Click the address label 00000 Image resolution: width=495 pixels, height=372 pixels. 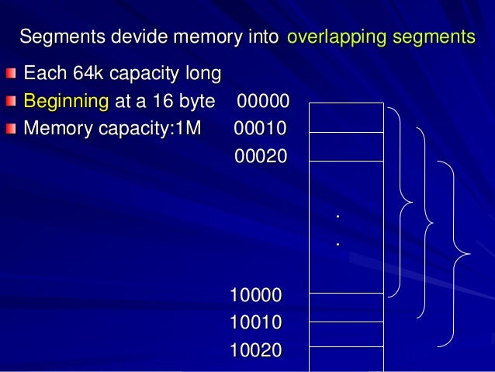pyautogui.click(x=263, y=102)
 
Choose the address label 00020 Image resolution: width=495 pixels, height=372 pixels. pyautogui.click(x=261, y=156)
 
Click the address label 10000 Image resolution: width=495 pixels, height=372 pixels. pyautogui.click(x=256, y=295)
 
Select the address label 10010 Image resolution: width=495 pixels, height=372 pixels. pyautogui.click(x=256, y=322)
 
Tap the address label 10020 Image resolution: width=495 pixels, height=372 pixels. pyautogui.click(x=256, y=350)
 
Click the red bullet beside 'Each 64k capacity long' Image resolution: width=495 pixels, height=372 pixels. pyautogui.click(x=9, y=75)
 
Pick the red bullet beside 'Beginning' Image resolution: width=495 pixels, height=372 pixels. pyautogui.click(x=9, y=102)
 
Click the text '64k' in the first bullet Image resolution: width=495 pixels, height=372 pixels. pyautogui.click(x=82, y=74)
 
